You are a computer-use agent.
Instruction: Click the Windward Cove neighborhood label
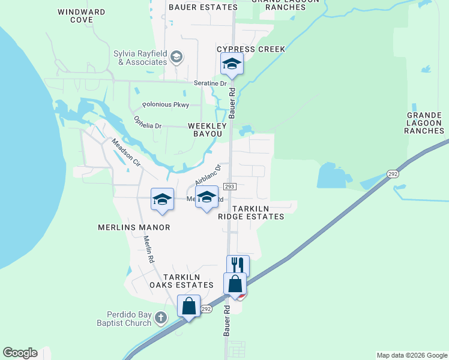[x=83, y=16]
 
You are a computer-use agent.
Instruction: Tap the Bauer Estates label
[x=203, y=7]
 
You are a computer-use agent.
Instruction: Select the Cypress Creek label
[x=250, y=49]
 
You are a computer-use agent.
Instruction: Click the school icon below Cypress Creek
[x=232, y=63]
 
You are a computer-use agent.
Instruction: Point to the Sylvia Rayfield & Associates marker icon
[x=176, y=58]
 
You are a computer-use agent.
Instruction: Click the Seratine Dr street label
[x=209, y=84]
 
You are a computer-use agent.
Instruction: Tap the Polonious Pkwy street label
[x=169, y=105]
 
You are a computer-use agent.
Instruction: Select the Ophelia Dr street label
[x=148, y=122]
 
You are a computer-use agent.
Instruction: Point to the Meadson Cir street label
[x=125, y=152]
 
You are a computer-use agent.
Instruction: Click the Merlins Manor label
[x=134, y=227]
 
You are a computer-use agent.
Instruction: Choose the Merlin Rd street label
[x=149, y=249]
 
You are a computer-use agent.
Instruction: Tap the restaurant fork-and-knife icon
[x=238, y=265]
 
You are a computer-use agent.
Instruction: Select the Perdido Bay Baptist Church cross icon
[x=160, y=317]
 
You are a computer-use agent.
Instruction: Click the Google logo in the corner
[x=20, y=353]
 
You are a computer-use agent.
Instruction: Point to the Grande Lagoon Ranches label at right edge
[x=425, y=122]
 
